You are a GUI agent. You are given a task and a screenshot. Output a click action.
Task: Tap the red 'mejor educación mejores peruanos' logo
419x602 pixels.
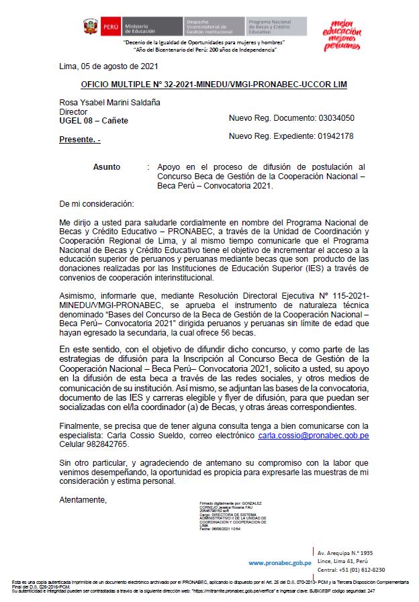[342, 34]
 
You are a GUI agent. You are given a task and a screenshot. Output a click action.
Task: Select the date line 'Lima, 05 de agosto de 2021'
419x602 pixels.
[109, 66]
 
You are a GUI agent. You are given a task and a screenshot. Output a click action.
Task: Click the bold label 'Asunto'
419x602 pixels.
[107, 166]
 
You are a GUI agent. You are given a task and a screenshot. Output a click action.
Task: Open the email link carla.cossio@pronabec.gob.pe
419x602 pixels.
[314, 436]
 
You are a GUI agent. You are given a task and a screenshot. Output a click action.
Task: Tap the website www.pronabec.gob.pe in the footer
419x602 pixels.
[279, 563]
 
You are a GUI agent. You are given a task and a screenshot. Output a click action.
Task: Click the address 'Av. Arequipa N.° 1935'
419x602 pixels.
[345, 552]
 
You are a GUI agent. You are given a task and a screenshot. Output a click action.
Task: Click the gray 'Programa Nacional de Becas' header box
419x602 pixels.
[276, 27]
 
